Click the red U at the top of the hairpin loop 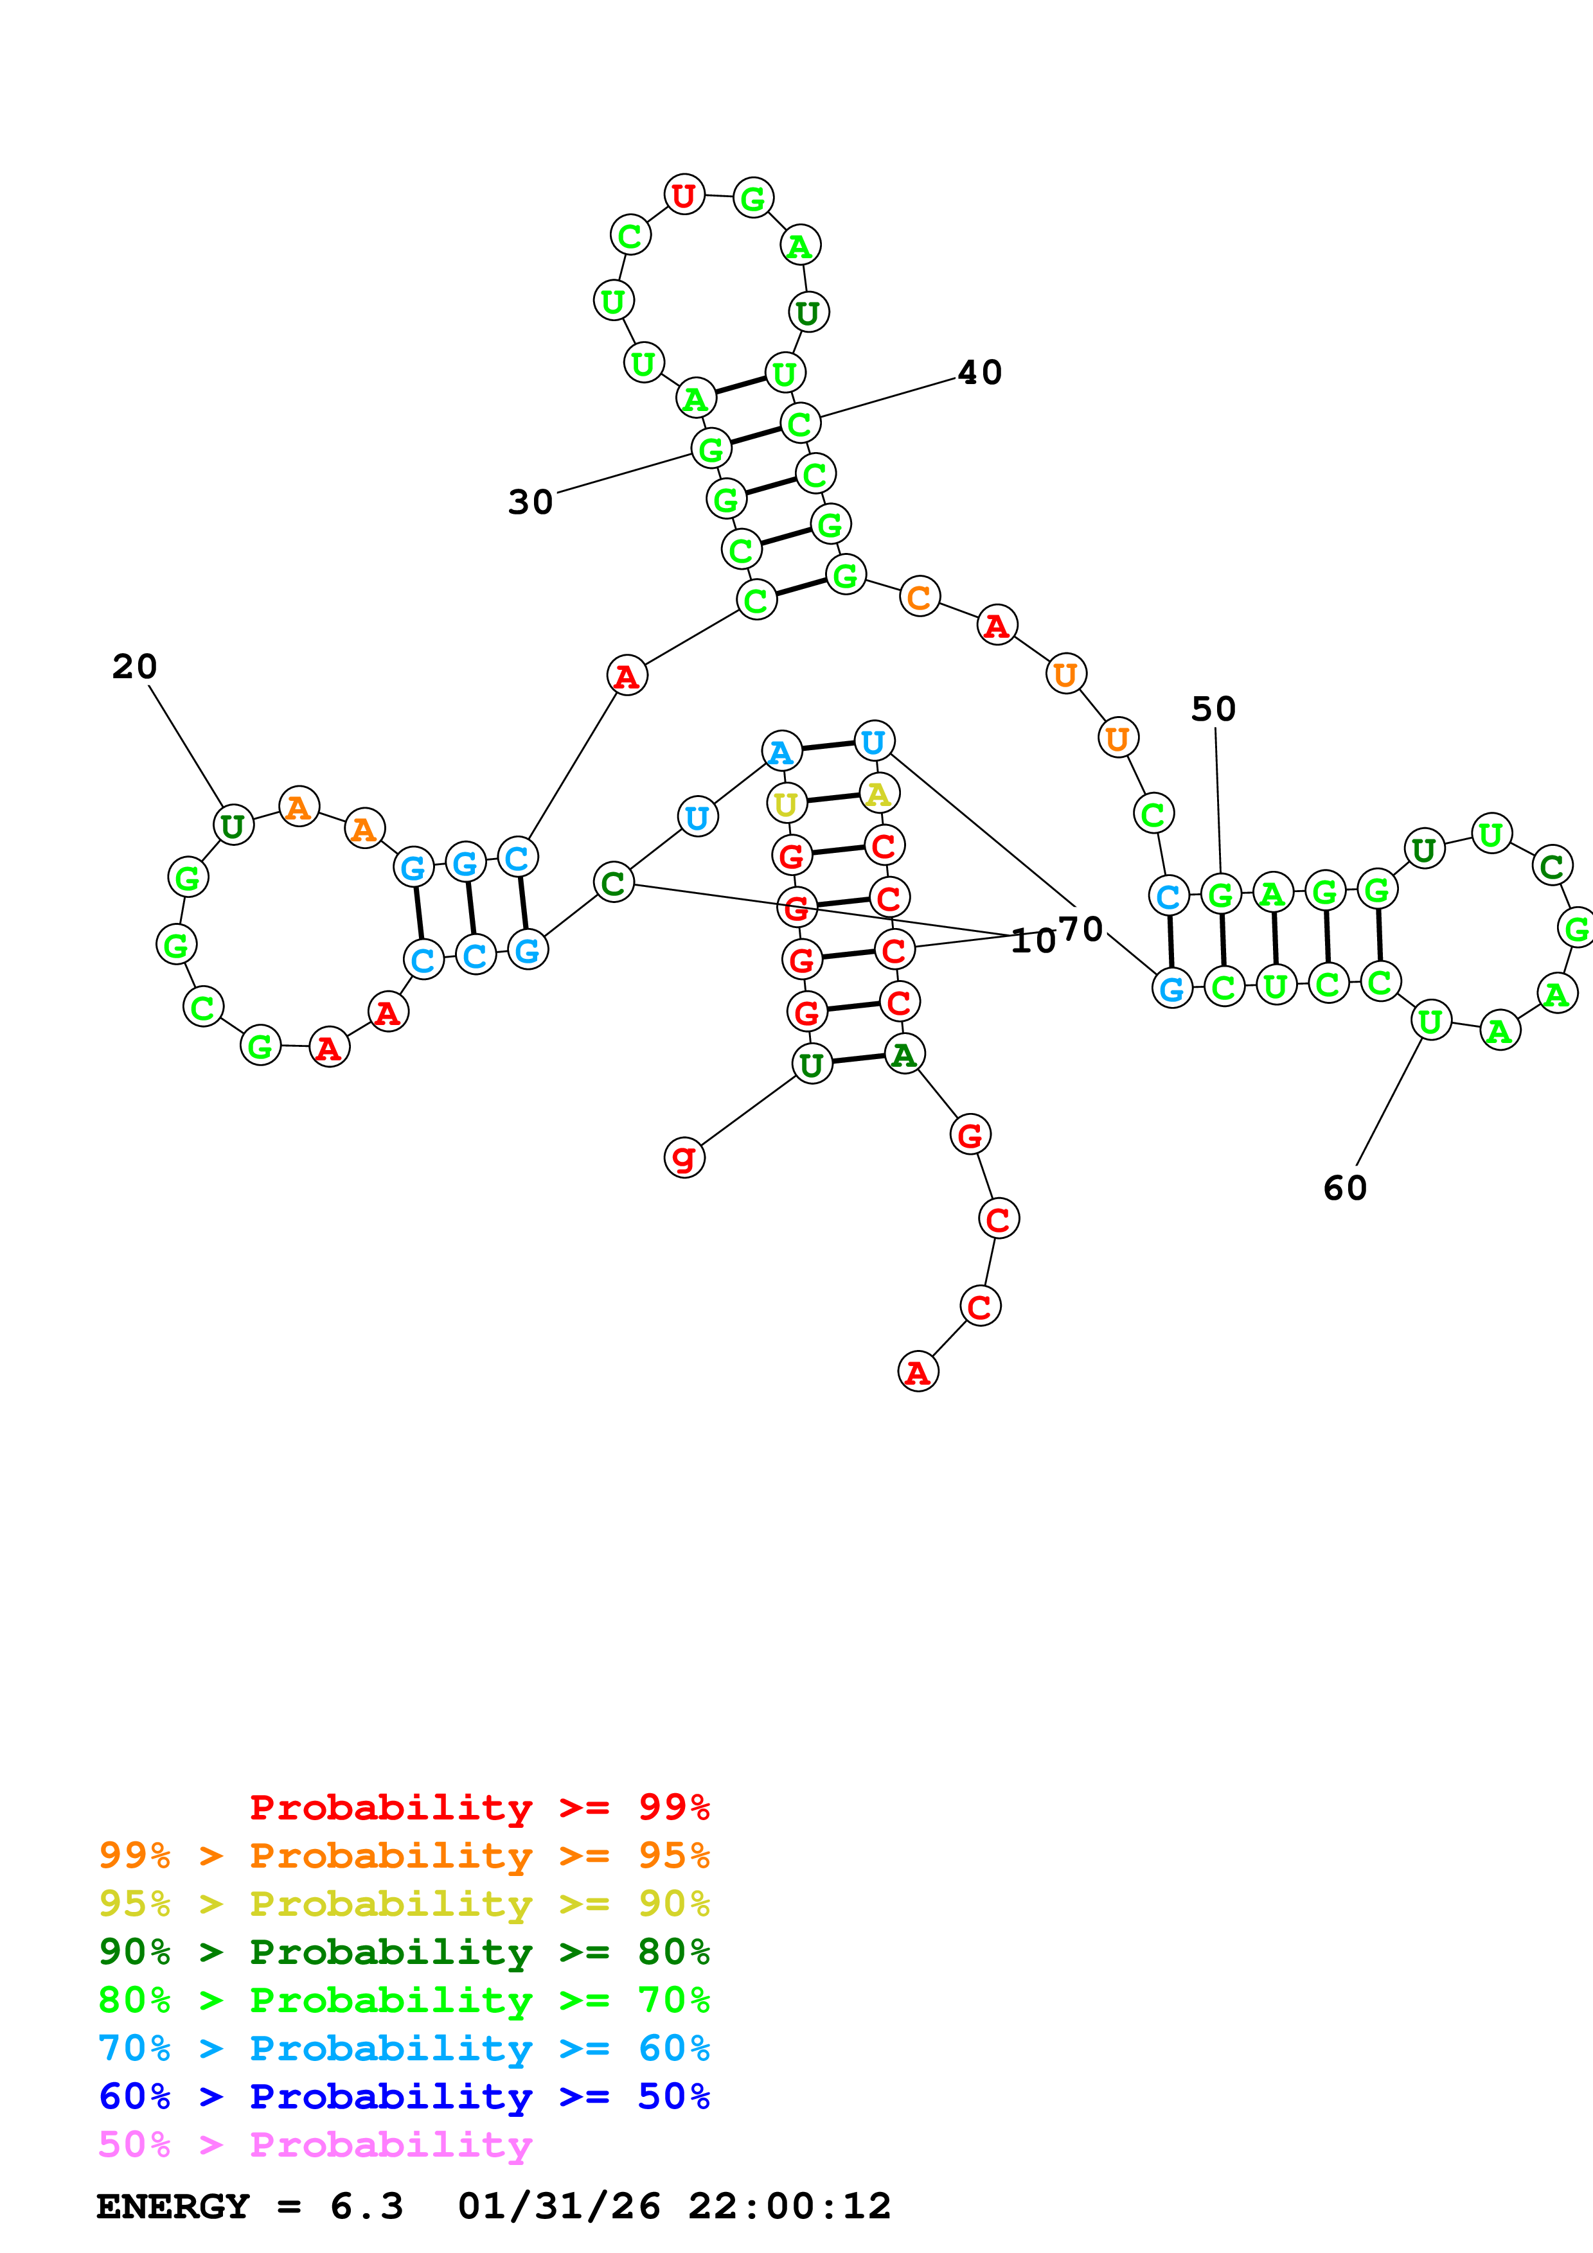click(684, 195)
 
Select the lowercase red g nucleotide click(684, 1158)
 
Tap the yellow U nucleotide click(786, 803)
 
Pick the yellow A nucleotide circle click(878, 793)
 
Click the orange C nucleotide click(920, 597)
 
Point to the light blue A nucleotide click(781, 751)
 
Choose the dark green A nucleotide click(904, 1054)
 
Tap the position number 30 click(530, 502)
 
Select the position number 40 click(979, 373)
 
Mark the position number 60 click(1345, 1188)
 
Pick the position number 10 click(1033, 941)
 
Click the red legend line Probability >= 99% click(479, 1807)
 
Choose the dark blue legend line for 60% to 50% click(404, 2096)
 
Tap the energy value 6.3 click(366, 2207)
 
